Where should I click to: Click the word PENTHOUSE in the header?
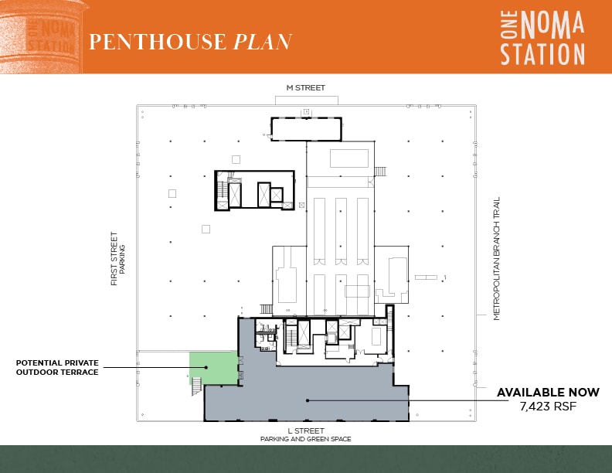coord(158,42)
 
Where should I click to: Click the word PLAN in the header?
coord(263,42)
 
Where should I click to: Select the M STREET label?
coord(306,88)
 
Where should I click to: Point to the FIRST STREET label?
coord(114,259)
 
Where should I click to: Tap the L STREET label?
coord(305,430)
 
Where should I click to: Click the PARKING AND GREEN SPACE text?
coord(305,439)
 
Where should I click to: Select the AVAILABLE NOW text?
coord(537,393)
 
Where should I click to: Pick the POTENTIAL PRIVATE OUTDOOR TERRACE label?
coord(57,367)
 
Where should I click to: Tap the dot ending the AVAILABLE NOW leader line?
coord(307,400)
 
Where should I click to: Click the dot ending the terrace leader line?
coord(206,367)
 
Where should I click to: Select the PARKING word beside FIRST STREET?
coord(122,259)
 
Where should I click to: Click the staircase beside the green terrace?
coord(195,384)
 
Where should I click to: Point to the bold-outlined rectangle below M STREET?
coord(305,129)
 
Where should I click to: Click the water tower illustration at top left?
coord(40,37)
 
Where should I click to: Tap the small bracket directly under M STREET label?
coord(306,100)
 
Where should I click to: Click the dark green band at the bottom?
coord(306,459)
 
